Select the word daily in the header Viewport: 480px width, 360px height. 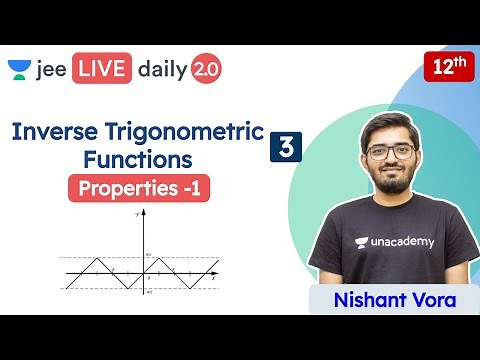tap(163, 70)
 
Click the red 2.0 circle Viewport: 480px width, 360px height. tap(207, 69)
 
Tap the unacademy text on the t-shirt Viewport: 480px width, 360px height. tap(393, 241)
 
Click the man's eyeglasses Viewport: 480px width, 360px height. tap(389, 153)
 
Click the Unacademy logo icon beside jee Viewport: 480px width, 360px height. tap(20, 70)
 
